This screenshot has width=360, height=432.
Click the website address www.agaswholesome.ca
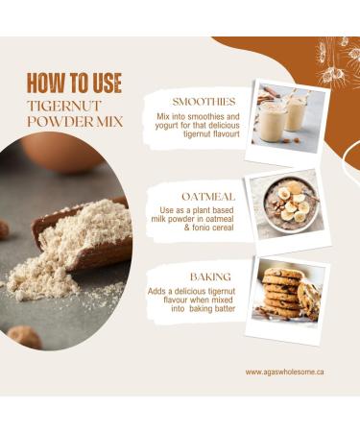(284, 372)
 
